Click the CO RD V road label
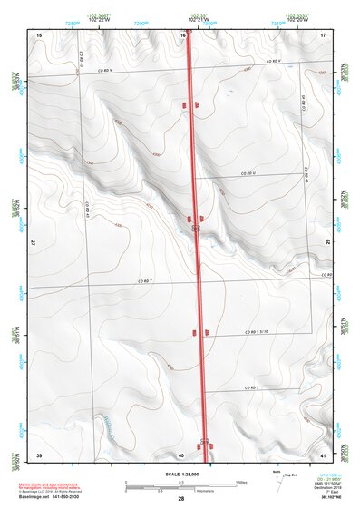[x=273, y=60]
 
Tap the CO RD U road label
[x=249, y=171]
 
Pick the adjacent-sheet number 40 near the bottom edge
[x=181, y=454]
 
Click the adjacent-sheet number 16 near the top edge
[x=182, y=34]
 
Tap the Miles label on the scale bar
[x=240, y=481]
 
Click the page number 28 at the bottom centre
[x=181, y=500]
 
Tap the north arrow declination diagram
[x=277, y=479]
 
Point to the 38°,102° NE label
[x=326, y=499]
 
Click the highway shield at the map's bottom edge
[x=206, y=442]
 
